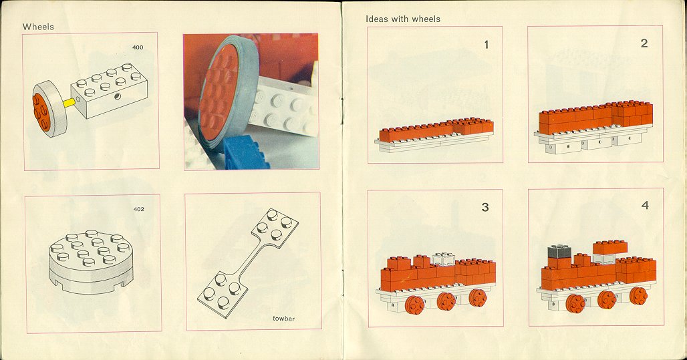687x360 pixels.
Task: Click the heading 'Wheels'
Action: pos(38,27)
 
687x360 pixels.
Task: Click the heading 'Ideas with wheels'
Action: pos(403,19)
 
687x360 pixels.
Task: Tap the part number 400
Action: pos(138,47)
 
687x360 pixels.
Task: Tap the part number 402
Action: pos(138,209)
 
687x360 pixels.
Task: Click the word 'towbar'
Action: pos(284,319)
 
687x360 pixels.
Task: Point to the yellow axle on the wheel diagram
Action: pos(67,103)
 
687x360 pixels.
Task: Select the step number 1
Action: pos(486,45)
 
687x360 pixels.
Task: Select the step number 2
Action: pos(644,43)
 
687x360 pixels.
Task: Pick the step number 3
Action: pos(485,207)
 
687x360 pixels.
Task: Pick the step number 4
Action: pos(644,205)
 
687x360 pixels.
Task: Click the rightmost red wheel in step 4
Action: pos(639,296)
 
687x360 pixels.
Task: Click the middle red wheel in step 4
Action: pos(607,299)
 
